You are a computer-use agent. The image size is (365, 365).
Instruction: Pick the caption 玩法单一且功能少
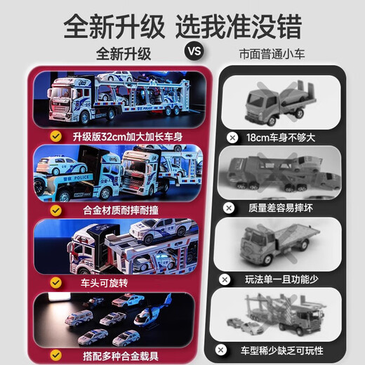coord(283,279)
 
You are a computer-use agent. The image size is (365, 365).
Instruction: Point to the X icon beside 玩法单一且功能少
coord(226,279)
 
